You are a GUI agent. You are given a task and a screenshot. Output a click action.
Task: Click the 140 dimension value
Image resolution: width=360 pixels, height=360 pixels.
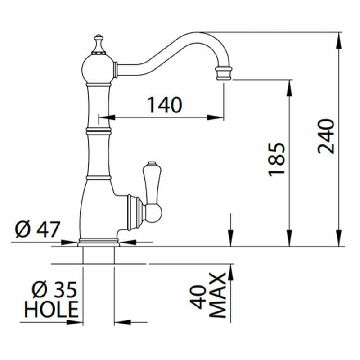click(x=165, y=105)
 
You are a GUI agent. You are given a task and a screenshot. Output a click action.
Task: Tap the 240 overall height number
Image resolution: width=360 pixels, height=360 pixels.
click(x=326, y=137)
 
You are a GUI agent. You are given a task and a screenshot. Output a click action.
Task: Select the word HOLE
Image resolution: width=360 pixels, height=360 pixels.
click(x=51, y=310)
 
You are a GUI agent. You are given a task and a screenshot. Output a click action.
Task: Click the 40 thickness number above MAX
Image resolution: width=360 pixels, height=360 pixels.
click(x=199, y=297)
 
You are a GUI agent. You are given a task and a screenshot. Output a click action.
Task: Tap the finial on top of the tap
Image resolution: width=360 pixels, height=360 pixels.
click(x=99, y=43)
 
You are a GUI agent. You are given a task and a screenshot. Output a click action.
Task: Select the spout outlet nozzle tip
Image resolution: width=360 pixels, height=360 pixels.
click(x=224, y=73)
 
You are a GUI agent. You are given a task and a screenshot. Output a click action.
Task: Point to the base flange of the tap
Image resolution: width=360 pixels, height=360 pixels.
click(x=99, y=242)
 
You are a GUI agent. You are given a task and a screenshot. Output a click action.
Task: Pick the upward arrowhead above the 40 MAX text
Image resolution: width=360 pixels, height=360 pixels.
click(x=231, y=270)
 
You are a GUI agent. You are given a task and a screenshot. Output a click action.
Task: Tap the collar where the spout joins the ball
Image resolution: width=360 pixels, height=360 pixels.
click(x=115, y=69)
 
